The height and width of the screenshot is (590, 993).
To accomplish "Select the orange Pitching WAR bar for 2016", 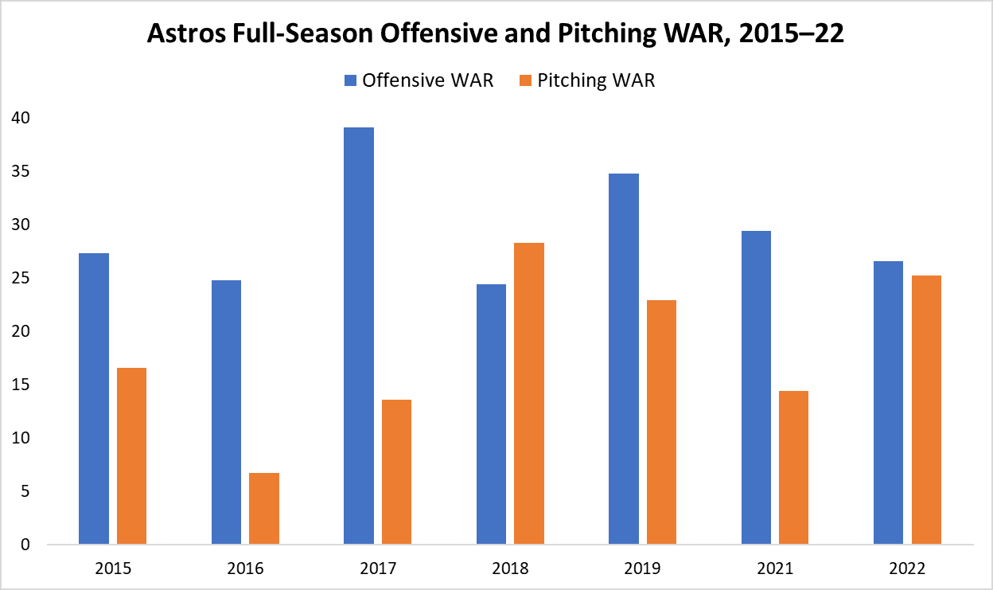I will tap(264, 509).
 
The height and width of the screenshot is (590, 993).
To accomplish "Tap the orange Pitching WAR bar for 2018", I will tap(529, 394).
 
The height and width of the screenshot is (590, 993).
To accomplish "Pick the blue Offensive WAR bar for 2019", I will tap(624, 359).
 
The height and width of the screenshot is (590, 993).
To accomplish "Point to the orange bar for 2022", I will tap(927, 410).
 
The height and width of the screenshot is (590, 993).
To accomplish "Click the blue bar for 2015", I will tap(94, 399).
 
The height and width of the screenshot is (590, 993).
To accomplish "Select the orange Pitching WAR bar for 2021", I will tap(794, 468).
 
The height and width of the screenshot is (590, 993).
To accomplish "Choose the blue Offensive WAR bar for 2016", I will tap(227, 412).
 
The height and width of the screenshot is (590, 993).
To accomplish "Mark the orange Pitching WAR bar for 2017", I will tap(397, 472).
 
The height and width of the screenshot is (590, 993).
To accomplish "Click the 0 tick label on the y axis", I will tap(25, 545).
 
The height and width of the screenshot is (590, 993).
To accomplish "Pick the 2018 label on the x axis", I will tap(510, 569).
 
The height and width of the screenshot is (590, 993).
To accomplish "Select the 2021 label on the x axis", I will tap(775, 569).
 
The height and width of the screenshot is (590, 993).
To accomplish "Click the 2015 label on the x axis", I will tap(112, 569).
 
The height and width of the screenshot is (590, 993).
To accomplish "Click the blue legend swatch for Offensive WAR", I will tap(350, 80).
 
